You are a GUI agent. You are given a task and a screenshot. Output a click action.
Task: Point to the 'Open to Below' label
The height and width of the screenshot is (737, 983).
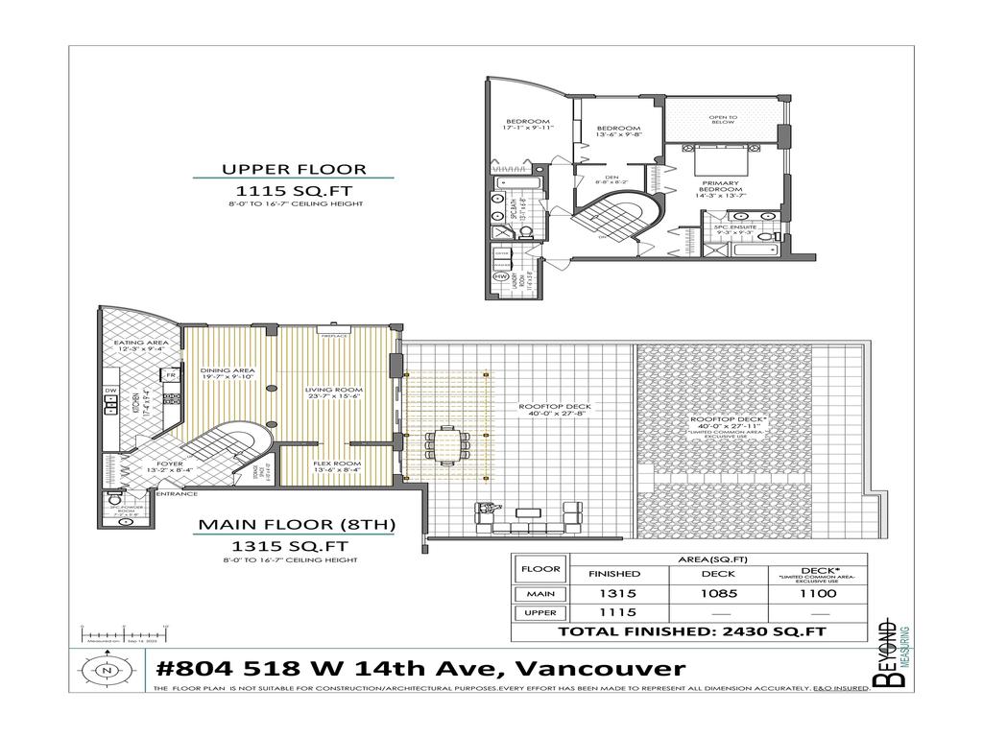coord(722,121)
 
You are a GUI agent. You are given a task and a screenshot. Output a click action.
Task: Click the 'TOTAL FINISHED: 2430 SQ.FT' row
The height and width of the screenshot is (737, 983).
coord(691,632)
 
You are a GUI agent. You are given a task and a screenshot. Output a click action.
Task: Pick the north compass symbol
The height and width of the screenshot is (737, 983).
coord(106,670)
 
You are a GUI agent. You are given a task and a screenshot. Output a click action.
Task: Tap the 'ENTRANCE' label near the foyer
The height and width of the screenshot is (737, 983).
coord(177,493)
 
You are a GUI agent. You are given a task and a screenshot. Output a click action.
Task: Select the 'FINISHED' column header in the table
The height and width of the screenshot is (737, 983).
coord(614,574)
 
